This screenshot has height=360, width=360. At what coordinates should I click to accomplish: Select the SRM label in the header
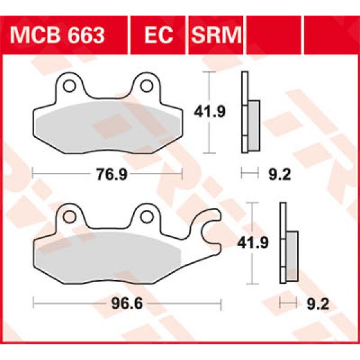click(x=215, y=35)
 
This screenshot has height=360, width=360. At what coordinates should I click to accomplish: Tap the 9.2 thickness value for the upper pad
click(x=269, y=175)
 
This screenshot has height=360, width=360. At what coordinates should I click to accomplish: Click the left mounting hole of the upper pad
click(x=68, y=86)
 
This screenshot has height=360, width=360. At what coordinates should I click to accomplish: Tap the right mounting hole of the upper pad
click(x=145, y=86)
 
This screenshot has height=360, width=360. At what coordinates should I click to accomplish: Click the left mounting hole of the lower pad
click(x=69, y=216)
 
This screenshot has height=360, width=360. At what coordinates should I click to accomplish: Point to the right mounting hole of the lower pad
click(x=146, y=216)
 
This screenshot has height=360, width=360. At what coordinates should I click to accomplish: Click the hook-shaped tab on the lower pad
click(x=208, y=229)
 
